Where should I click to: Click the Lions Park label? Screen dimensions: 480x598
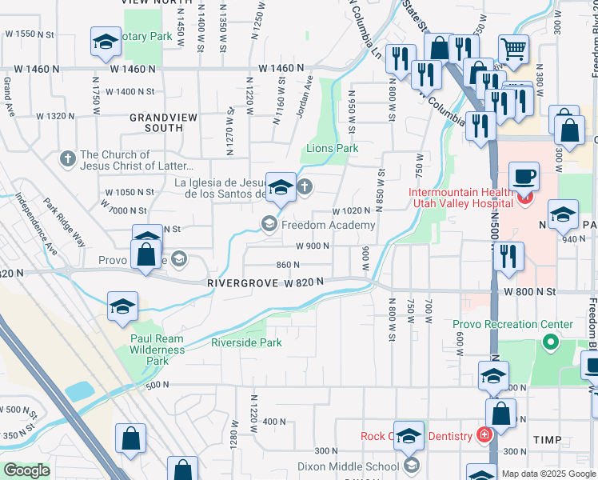pos(332,148)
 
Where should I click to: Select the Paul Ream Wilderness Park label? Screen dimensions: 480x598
pos(157,350)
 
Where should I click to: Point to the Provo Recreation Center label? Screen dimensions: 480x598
pos(512,325)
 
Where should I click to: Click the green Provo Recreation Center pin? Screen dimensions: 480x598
pos(550,343)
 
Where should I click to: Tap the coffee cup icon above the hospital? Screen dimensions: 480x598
pos(524,176)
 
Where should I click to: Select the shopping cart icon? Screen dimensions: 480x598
pos(513,49)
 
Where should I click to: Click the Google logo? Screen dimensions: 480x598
pos(26,470)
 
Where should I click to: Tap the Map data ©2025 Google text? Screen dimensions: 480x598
pos(548,474)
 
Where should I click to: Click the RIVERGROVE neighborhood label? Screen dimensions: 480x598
pos(241,282)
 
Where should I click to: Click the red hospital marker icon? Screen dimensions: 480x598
pos(524,198)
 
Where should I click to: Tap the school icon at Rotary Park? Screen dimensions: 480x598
pos(106,42)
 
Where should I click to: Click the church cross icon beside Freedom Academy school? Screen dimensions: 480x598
pos(304,188)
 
